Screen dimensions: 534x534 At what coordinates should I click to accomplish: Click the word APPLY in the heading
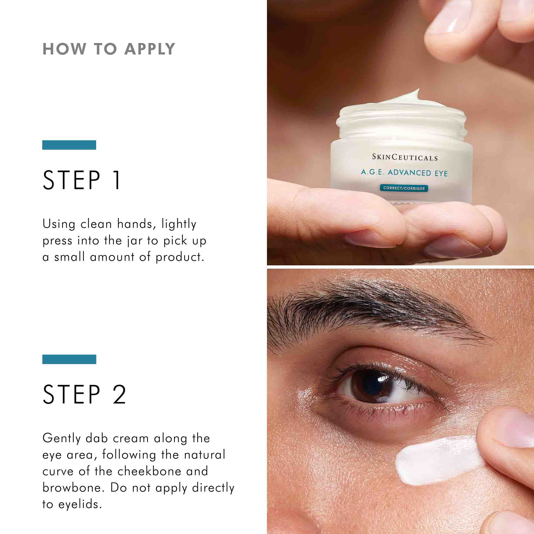pos(150,49)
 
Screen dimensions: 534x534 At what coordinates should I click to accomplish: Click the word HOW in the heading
pos(64,49)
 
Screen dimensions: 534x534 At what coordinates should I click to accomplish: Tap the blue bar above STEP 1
pos(69,145)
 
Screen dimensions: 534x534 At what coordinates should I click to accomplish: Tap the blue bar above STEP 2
pos(69,359)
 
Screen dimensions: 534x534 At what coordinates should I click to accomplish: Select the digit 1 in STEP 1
pos(117,180)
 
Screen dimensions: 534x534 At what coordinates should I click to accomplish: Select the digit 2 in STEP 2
pos(119,394)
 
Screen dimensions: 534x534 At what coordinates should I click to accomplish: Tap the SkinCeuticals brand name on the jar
pos(405,158)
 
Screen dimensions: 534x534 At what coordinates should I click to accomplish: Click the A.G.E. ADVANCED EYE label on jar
pos(404,172)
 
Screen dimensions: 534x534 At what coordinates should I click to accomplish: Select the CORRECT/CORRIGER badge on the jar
pos(404,188)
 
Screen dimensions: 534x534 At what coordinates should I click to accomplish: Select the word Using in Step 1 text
pos(58,224)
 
